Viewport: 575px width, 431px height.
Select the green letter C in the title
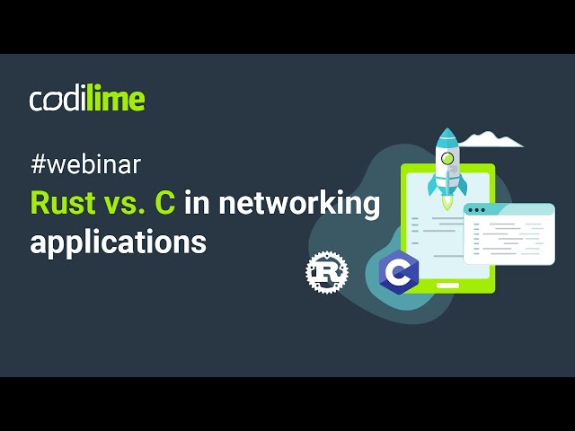[164, 204]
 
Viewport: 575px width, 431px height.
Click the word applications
[118, 242]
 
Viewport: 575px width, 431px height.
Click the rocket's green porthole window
[447, 159]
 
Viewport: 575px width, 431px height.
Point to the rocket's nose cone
[447, 138]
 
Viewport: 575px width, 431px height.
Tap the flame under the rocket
[447, 206]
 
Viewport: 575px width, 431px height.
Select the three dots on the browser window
[476, 210]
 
